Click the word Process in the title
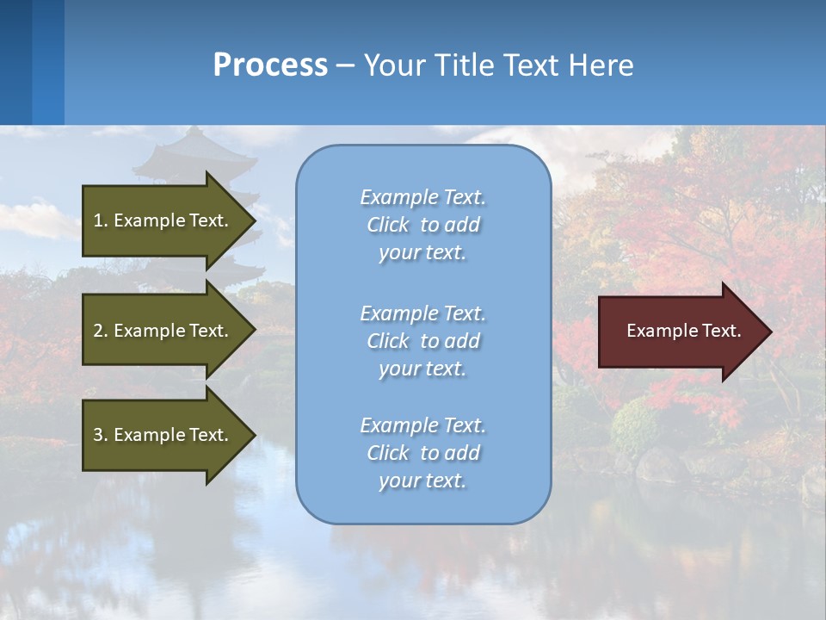tap(270, 65)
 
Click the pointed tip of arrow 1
tap(253, 220)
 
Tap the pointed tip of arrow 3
tap(253, 435)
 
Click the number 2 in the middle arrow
tap(98, 331)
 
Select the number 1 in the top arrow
tap(98, 220)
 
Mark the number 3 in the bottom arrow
tap(98, 435)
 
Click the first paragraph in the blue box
tap(422, 225)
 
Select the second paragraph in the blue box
tap(422, 341)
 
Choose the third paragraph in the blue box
tap(422, 453)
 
